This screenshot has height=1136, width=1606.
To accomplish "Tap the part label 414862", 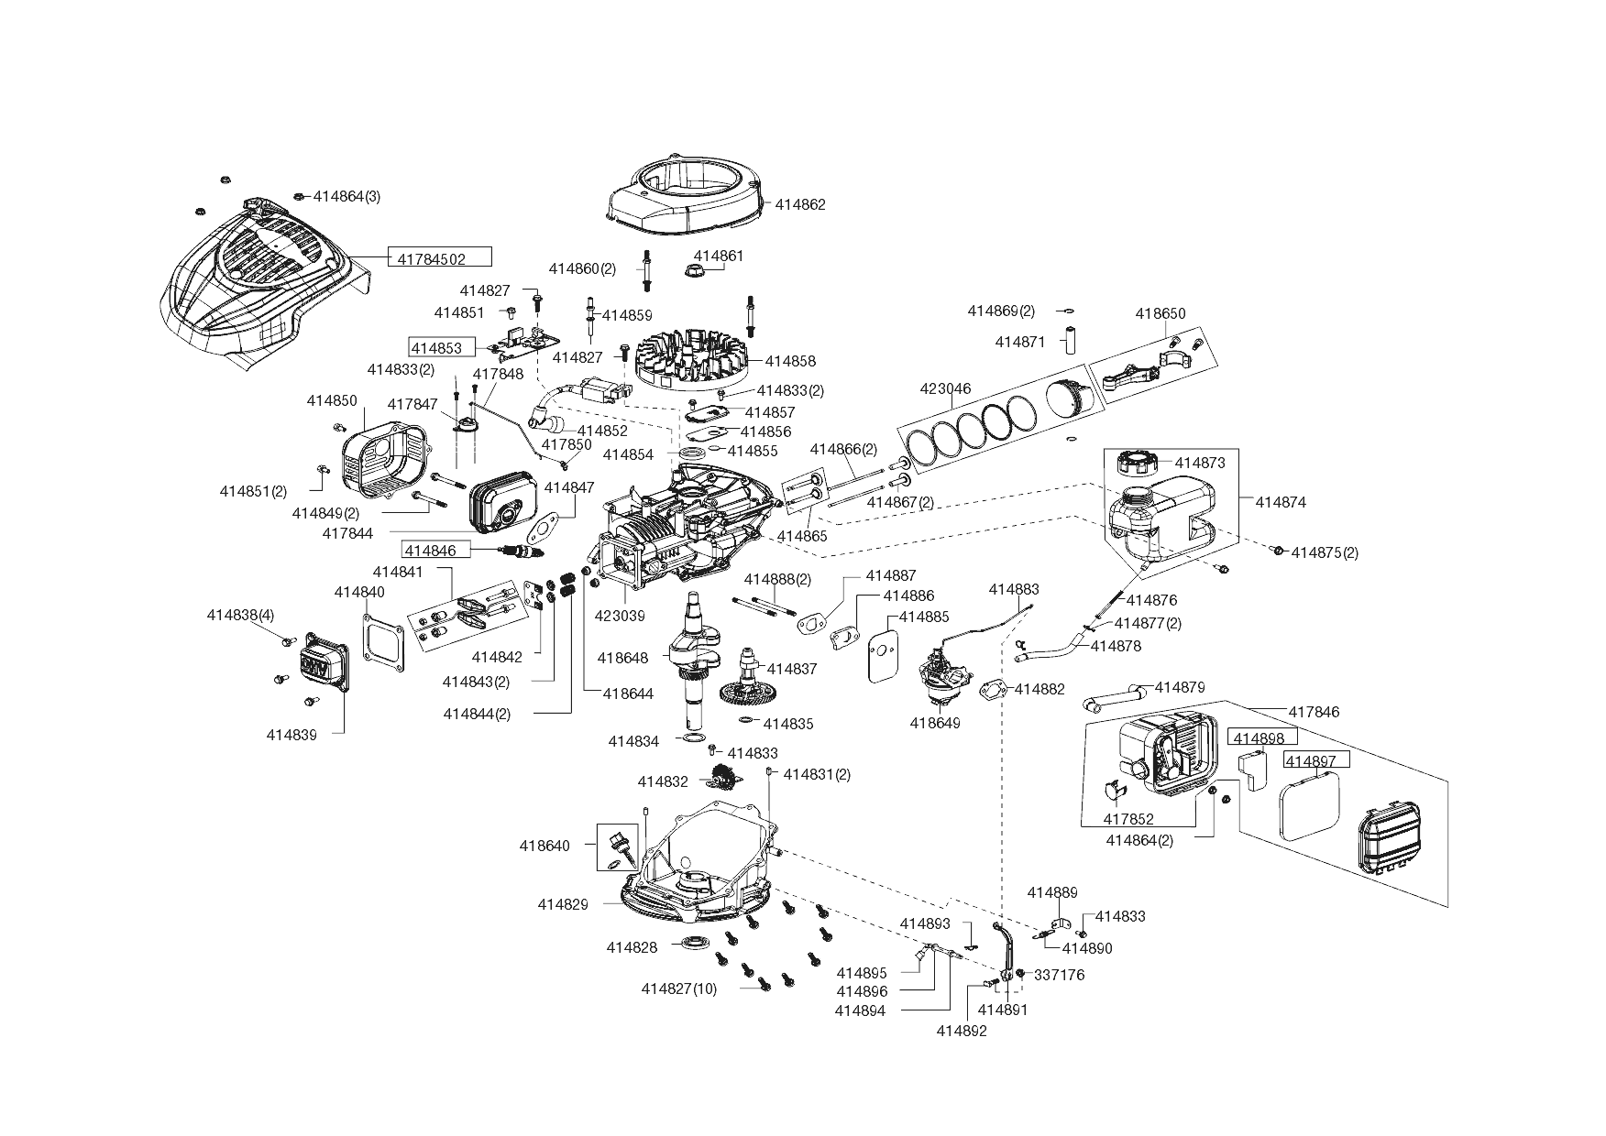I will click(x=800, y=204).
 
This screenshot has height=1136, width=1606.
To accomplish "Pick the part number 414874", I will click(x=1281, y=502).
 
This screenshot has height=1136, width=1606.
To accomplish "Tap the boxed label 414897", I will click(x=1316, y=760).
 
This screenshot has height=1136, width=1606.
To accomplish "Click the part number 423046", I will click(x=944, y=388).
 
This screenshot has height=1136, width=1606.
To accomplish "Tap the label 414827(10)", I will click(x=679, y=989).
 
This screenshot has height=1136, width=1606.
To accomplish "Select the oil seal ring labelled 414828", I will click(x=698, y=945).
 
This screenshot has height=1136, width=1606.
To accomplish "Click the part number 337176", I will click(x=1059, y=975).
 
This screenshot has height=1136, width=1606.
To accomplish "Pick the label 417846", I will click(x=1314, y=711).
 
